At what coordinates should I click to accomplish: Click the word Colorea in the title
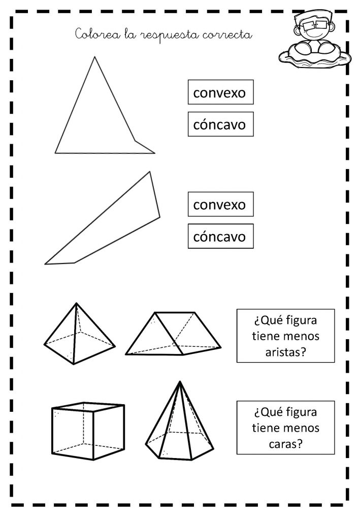tap(98, 34)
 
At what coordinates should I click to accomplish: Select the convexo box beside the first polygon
tap(221, 92)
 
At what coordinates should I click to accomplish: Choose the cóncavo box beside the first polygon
tap(221, 124)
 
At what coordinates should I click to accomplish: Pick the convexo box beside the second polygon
tap(221, 204)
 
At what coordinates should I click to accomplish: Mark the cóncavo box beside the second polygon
tap(221, 237)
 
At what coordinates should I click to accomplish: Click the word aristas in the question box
tap(285, 352)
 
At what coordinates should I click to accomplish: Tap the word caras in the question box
tap(286, 444)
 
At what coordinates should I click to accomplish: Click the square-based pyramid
tap(80, 334)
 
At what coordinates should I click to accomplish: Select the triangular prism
tap(173, 334)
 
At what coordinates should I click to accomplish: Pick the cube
tap(88, 431)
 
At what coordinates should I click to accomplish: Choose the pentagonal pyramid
tap(180, 421)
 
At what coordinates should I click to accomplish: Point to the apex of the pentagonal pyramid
tap(180, 381)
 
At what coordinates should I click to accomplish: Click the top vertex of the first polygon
tap(94, 57)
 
